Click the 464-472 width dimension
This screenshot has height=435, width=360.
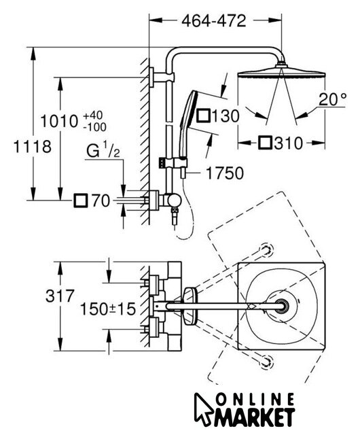pos(213,21)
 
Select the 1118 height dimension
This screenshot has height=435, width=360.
pos(33,147)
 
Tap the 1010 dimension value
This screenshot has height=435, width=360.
pos(59,121)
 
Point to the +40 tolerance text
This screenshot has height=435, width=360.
pos(93,115)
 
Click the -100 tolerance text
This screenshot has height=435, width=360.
pos(94,127)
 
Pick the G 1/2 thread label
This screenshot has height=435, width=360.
pos(103,150)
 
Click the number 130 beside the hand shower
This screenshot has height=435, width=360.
pos(226,116)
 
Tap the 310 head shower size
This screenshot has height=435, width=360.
pos(289,143)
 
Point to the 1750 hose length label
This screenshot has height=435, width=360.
pos(225,173)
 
